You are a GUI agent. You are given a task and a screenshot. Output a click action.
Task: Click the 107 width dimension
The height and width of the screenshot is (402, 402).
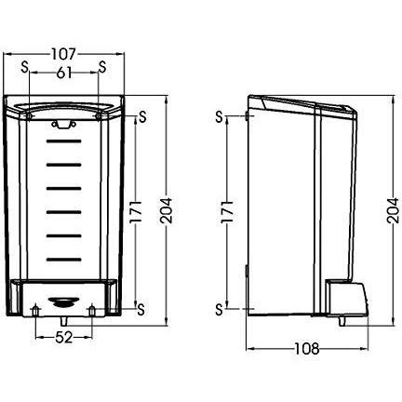(63, 54)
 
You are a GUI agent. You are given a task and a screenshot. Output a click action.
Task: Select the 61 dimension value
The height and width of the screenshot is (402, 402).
(64, 73)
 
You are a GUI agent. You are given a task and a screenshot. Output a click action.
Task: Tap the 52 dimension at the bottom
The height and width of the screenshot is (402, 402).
(64, 337)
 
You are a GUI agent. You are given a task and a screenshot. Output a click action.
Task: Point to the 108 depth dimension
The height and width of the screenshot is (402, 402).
(306, 349)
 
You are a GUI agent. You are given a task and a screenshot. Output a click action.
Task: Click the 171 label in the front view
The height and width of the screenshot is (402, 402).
(136, 211)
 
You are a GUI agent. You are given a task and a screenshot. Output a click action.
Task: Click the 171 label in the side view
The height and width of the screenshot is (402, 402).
(227, 211)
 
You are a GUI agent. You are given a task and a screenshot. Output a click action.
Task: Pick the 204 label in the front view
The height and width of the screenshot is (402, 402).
(166, 211)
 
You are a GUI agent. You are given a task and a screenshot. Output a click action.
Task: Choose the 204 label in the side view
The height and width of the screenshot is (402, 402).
(393, 211)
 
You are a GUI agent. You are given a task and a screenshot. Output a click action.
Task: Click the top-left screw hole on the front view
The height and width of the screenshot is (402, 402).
(29, 116)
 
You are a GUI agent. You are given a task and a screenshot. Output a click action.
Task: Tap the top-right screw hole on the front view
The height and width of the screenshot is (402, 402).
(99, 116)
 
